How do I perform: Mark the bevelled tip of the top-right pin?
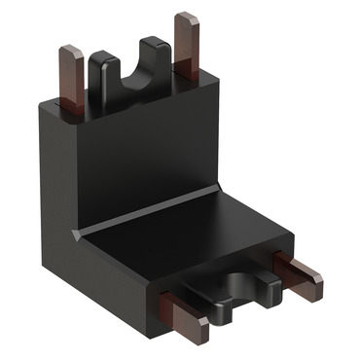(186, 18)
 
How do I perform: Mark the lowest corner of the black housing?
(156, 350)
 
